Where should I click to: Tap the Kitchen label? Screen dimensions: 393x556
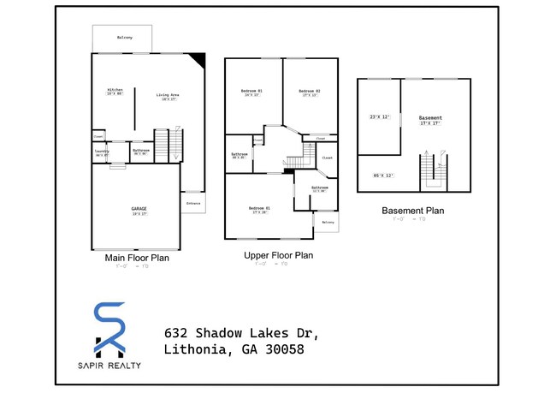coord(115,92)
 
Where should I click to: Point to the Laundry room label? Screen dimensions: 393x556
coord(102,153)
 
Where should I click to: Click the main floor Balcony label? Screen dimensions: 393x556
coord(124,38)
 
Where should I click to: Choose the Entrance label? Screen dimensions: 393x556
coord(193,203)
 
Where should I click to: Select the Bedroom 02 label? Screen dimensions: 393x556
coord(309,92)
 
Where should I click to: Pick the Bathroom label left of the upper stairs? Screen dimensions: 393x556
coord(239,156)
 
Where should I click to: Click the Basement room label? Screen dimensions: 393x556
coord(430,119)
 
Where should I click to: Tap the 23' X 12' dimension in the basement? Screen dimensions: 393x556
coord(380,116)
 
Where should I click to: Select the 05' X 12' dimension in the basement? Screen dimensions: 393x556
coord(383,176)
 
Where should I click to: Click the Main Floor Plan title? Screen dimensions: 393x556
coord(137,257)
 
